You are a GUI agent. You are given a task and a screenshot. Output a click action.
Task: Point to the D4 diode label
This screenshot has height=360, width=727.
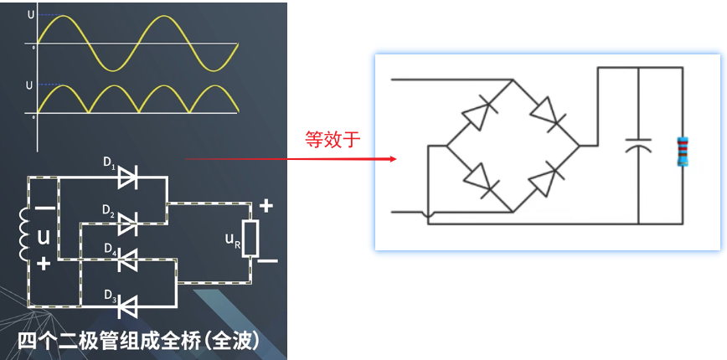[109, 249]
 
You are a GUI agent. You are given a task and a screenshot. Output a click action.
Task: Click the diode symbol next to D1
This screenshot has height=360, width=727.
[127, 176]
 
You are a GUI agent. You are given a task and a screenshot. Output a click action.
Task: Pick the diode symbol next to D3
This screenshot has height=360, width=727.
[127, 307]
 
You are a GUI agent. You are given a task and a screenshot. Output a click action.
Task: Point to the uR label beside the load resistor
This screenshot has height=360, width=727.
[233, 239]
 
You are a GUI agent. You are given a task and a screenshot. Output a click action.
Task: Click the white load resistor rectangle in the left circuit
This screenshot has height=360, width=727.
[250, 239]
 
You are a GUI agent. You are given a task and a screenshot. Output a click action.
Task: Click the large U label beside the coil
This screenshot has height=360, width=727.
[44, 239]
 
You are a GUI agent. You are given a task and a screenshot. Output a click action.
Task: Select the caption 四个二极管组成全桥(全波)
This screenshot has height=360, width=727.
[142, 342]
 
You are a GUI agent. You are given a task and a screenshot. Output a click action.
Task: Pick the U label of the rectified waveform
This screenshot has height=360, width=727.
[30, 85]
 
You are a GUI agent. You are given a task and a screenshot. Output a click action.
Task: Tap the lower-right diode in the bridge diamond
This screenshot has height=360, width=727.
[546, 179]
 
